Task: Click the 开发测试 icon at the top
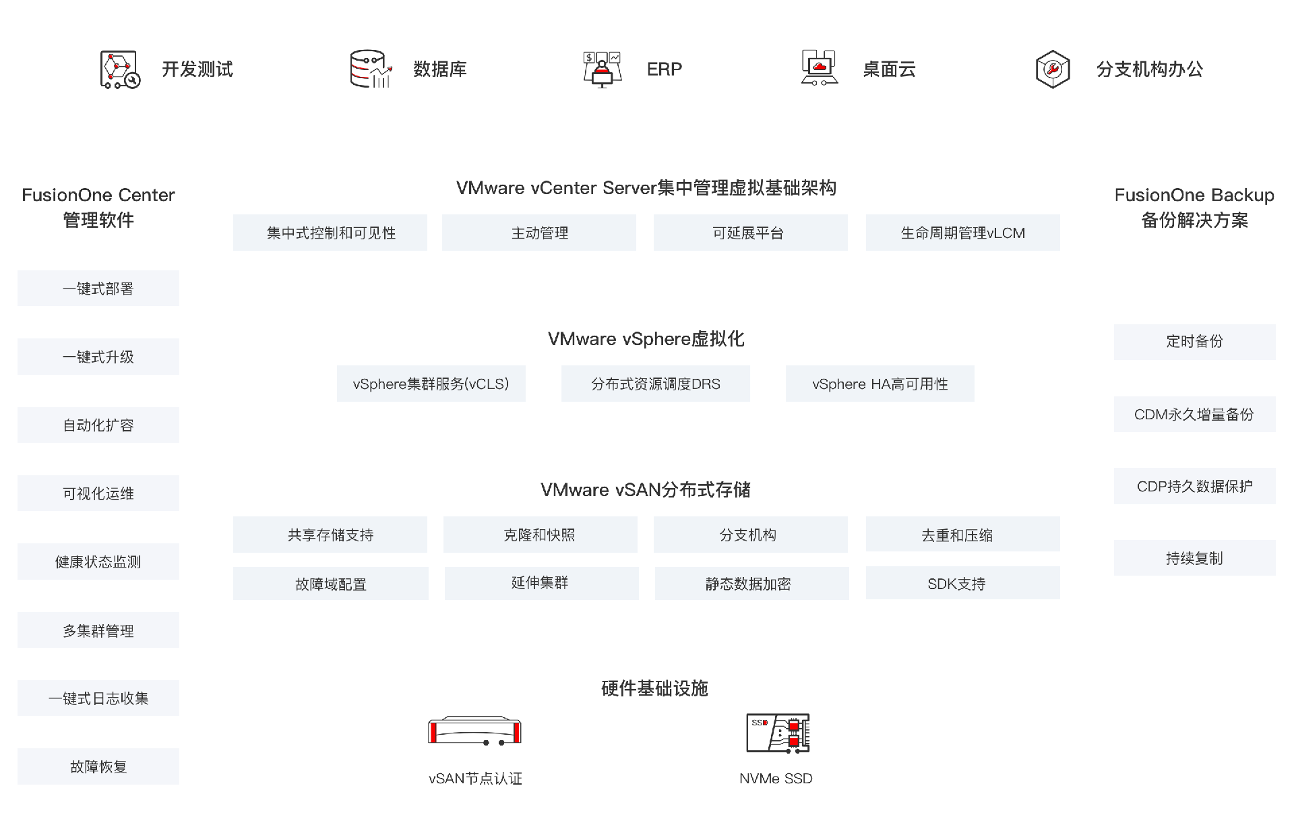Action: point(120,69)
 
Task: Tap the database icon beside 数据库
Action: point(370,69)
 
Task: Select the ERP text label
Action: point(664,69)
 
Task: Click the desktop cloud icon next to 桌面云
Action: point(819,68)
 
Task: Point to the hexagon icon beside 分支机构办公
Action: point(1052,69)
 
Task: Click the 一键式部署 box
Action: point(98,289)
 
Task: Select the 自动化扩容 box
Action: point(98,425)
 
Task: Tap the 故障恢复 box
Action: point(98,766)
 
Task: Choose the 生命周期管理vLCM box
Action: point(962,233)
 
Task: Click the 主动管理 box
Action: point(539,233)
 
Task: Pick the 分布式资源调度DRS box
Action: point(655,384)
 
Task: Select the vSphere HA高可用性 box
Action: point(880,384)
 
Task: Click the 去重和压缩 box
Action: point(962,535)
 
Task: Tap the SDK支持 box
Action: point(962,583)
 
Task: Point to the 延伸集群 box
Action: point(541,583)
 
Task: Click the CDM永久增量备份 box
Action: point(1194,415)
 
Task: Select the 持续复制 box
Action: point(1194,558)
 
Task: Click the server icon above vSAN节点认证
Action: point(474,731)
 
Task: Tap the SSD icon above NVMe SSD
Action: point(777,733)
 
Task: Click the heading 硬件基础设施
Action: point(654,688)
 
